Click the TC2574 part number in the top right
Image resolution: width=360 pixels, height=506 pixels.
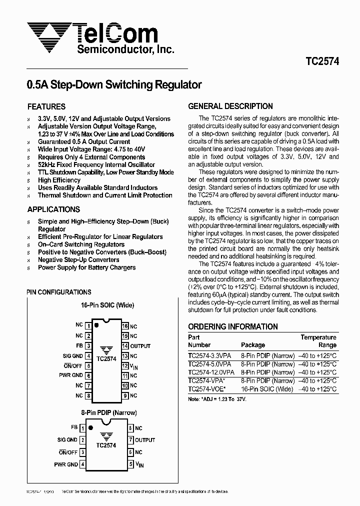[x=322, y=61]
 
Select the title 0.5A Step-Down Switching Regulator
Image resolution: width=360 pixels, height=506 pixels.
[x=114, y=84]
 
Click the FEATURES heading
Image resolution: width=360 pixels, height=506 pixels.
[x=46, y=106]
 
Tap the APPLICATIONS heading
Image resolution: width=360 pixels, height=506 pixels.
[x=53, y=209]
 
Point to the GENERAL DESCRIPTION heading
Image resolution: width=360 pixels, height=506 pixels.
[x=230, y=106]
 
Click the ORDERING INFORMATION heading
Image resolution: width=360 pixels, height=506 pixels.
[x=232, y=326]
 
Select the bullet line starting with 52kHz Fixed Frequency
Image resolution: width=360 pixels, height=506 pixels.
[x=96, y=164]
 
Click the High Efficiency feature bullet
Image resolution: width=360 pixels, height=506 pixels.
[x=59, y=180]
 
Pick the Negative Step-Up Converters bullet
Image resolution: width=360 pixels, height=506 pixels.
[x=78, y=260]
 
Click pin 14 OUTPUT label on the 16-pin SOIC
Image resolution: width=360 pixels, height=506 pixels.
[x=140, y=346]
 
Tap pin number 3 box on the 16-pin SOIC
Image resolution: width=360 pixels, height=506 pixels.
[x=88, y=346]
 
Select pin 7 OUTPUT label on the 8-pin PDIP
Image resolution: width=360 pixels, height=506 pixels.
[x=145, y=440]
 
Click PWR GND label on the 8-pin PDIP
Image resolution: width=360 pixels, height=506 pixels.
[x=65, y=464]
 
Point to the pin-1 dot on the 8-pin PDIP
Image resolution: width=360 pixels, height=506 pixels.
[x=90, y=428]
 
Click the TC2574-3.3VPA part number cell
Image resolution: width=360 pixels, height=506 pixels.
[x=209, y=356]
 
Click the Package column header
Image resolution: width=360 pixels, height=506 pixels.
[x=253, y=345]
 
